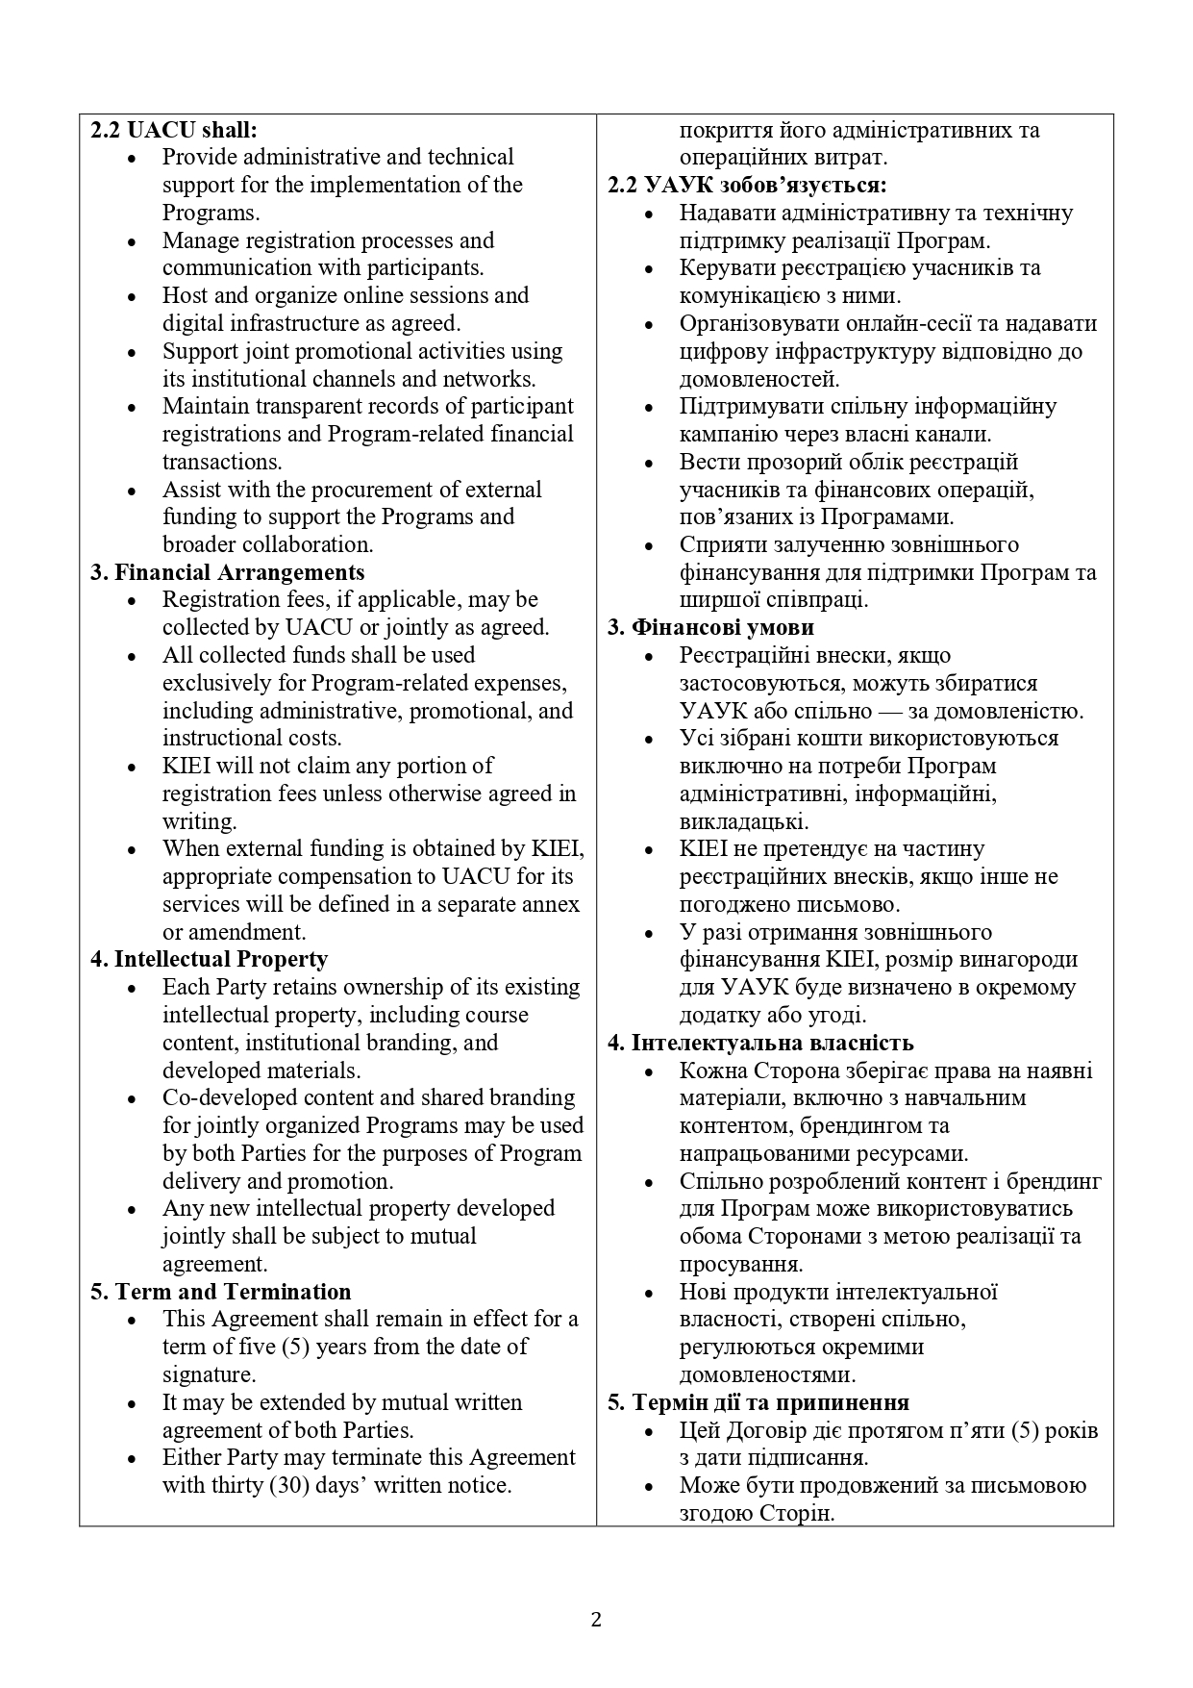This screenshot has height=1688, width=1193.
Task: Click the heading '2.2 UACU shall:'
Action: coord(174,130)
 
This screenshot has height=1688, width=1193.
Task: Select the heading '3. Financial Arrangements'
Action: coord(228,572)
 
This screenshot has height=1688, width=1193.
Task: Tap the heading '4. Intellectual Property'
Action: coord(209,959)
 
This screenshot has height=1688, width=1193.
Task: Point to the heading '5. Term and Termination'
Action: coord(221,1292)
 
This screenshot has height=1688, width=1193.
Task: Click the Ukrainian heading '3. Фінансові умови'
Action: coord(711,627)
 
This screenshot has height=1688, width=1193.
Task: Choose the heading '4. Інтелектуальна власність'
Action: coord(760,1043)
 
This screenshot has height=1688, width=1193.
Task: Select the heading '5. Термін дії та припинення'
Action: coord(758,1402)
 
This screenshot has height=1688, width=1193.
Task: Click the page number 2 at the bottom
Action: coord(596,1620)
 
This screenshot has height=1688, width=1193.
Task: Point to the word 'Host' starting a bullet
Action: coord(186,295)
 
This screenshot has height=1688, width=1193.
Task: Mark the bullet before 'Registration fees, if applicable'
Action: coord(132,600)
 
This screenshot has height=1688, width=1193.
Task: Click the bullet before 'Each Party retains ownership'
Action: coord(132,988)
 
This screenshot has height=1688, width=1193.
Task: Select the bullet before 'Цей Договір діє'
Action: coord(650,1431)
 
